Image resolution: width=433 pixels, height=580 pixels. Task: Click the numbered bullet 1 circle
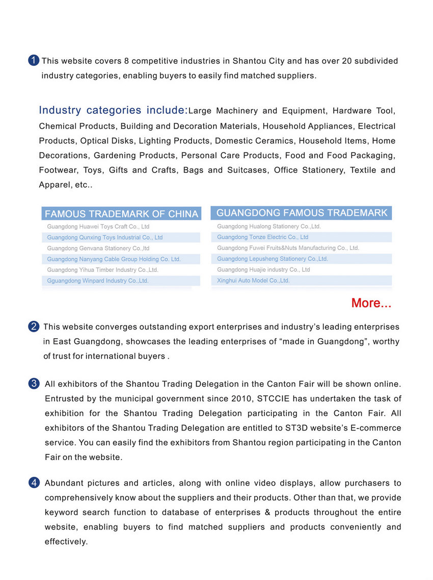tap(34, 61)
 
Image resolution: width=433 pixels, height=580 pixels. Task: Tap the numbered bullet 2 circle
tap(34, 326)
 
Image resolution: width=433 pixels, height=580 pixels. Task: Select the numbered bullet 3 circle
tap(34, 384)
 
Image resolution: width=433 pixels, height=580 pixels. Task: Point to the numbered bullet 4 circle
tap(34, 483)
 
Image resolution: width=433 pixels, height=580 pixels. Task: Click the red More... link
tap(371, 303)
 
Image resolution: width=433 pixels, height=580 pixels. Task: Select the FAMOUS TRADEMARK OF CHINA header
tap(121, 214)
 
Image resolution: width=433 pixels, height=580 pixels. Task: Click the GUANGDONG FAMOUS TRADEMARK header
tap(302, 213)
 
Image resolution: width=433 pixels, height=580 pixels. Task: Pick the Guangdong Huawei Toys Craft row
tap(98, 226)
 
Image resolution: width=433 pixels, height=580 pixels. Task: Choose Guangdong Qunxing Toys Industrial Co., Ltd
tap(104, 237)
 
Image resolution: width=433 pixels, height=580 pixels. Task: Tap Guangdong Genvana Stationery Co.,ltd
tap(98, 248)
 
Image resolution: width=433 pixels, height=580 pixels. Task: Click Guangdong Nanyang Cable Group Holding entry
tap(114, 259)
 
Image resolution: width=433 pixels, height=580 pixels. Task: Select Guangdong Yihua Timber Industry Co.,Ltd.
tap(102, 270)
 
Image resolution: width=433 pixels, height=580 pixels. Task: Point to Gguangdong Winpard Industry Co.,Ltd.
tap(98, 281)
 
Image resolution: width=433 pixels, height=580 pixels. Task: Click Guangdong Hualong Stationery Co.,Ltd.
tap(268, 226)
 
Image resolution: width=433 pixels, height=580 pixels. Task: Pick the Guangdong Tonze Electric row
tap(262, 237)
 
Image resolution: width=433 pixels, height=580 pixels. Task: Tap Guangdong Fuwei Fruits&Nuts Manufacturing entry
tap(288, 248)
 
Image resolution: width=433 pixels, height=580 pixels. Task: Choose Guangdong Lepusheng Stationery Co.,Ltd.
tap(272, 259)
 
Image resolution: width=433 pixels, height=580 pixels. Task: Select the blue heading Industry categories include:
tap(113, 110)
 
